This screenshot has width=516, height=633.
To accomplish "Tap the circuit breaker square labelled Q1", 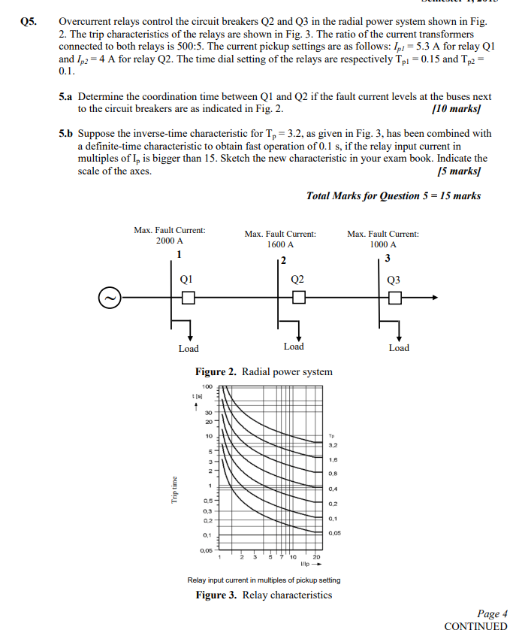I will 188,298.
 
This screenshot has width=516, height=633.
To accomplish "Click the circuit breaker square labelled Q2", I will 299,298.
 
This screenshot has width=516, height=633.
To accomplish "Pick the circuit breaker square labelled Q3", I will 394,298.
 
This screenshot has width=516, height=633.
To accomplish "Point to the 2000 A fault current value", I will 170,241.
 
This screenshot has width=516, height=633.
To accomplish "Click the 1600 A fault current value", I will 280,245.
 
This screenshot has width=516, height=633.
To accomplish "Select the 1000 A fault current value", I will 382,245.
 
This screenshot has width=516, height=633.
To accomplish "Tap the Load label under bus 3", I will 399,348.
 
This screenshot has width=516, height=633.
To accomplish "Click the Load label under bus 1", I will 189,349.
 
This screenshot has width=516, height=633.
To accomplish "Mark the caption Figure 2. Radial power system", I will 264,371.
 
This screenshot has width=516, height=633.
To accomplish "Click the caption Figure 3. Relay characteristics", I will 264,595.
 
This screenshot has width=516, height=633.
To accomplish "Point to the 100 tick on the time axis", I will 207,386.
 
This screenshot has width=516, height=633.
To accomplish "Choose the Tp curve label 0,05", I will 335,533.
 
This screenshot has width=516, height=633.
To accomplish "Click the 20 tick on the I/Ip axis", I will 315,557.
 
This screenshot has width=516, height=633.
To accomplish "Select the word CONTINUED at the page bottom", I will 475,626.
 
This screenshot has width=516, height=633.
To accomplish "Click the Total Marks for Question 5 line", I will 394,196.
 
